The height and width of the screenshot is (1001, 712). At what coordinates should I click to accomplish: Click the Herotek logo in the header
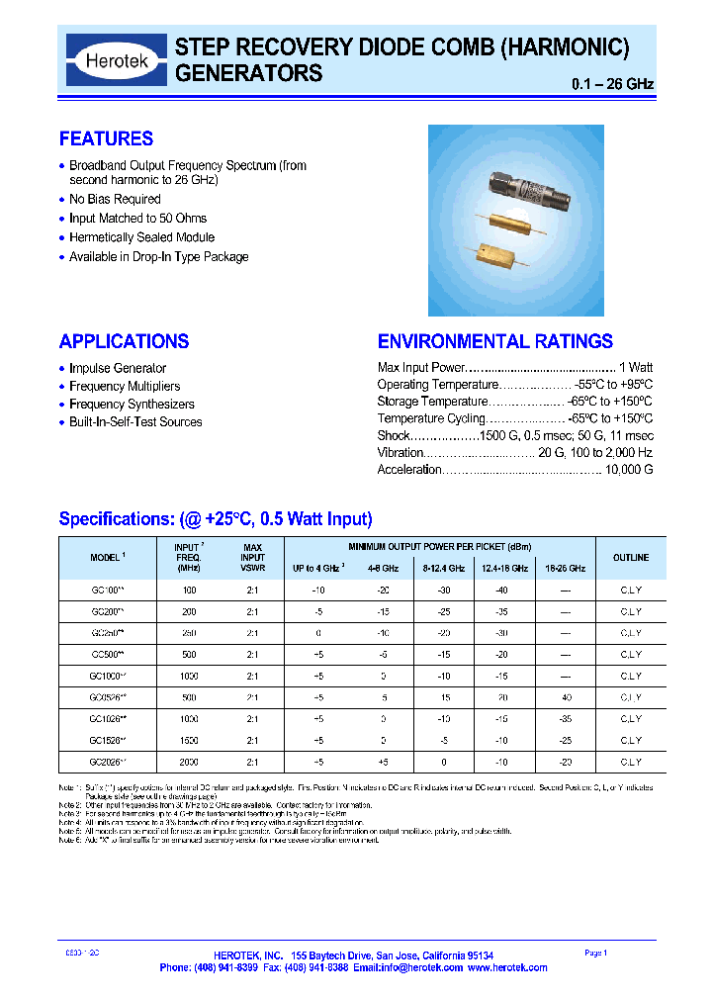[x=117, y=60]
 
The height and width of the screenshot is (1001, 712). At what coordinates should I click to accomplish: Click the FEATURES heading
[x=106, y=138]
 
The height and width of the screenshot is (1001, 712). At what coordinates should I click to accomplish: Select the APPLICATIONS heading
[x=124, y=341]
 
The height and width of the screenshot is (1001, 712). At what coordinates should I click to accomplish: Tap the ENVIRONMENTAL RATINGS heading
[x=494, y=341]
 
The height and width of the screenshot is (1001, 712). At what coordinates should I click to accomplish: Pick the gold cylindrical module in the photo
[x=513, y=224]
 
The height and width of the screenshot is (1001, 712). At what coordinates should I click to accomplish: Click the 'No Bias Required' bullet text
[x=114, y=199]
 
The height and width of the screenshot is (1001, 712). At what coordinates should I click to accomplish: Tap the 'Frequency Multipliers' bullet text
[x=125, y=386]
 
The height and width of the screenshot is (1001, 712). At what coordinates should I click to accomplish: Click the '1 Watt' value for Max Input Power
[x=635, y=367]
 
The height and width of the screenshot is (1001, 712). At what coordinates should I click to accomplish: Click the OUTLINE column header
[x=630, y=558]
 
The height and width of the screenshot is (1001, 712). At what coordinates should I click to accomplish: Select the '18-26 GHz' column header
[x=564, y=569]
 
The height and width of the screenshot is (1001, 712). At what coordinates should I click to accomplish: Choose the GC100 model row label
[x=107, y=590]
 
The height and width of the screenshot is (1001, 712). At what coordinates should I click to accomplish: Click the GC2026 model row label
[x=107, y=762]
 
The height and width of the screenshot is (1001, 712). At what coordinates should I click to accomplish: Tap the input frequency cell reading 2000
[x=189, y=762]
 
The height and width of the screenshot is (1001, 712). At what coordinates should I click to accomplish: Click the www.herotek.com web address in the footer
[x=507, y=967]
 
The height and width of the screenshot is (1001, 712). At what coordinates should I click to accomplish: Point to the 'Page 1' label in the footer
[x=595, y=953]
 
